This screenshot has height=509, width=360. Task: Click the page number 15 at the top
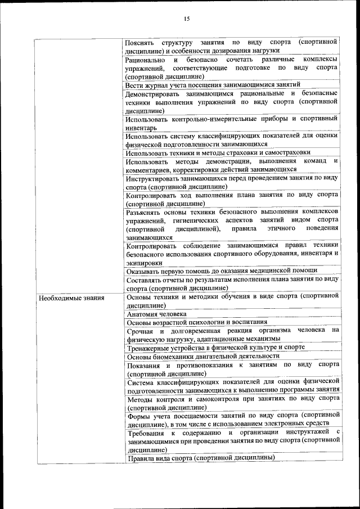(186, 19)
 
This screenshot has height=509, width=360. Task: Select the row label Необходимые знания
(71, 298)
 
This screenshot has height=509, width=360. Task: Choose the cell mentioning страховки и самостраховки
(218, 152)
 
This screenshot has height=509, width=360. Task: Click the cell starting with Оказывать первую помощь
(222, 271)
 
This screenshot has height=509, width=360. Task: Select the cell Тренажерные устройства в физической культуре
(215, 348)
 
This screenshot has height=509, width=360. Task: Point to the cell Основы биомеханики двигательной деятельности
(203, 356)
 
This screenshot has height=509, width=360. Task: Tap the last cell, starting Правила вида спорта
(200, 458)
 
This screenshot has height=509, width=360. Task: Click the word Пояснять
(141, 42)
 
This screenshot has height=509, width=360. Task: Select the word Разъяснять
(144, 211)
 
